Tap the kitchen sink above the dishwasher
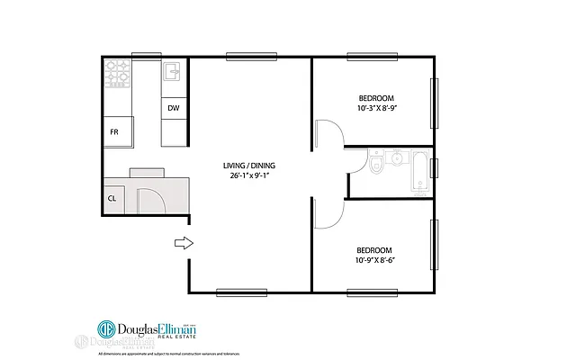pyautogui.click(x=173, y=73)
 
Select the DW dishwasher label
pyautogui.click(x=173, y=109)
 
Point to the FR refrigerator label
pyautogui.click(x=114, y=132)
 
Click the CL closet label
pyautogui.click(x=112, y=198)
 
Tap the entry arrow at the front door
pyautogui.click(x=183, y=242)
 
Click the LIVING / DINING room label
pyautogui.click(x=251, y=166)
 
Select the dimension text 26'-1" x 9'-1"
pyautogui.click(x=251, y=176)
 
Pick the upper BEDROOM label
pyautogui.click(x=376, y=97)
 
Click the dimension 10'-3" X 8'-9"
pyautogui.click(x=376, y=108)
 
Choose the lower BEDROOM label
pyautogui.click(x=373, y=249)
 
